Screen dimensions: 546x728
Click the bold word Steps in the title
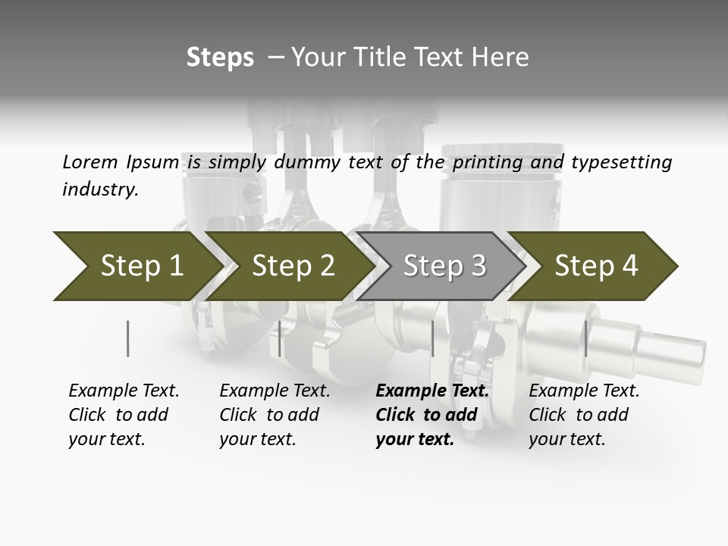tap(220, 58)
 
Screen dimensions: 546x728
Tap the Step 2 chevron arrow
tap(292, 266)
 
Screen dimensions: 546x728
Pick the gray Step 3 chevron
tap(444, 266)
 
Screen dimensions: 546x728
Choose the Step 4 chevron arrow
tap(595, 266)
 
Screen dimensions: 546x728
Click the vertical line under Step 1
tap(128, 338)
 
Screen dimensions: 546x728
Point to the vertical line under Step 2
tap(280, 338)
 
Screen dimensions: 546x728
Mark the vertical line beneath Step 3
tap(432, 338)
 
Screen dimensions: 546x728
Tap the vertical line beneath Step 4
tap(585, 338)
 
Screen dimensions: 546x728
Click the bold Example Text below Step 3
tap(432, 415)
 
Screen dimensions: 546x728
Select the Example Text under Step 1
tap(124, 415)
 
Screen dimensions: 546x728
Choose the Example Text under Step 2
tap(275, 415)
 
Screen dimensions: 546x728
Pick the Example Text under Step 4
tap(584, 415)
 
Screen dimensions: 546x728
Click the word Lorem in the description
tap(89, 162)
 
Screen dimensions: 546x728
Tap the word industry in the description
tap(100, 190)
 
